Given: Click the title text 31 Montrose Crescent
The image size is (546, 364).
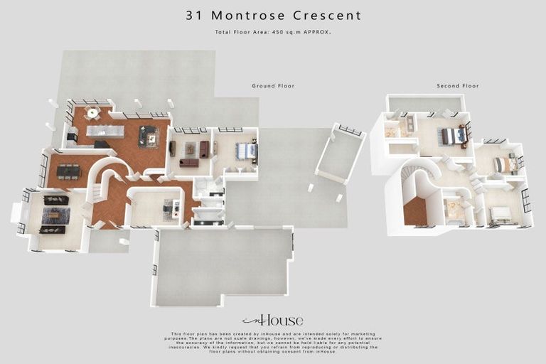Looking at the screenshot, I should pos(273,15).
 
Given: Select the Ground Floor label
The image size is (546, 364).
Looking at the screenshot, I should pos(273,85).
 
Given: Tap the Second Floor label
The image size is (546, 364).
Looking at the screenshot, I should pos(457,85).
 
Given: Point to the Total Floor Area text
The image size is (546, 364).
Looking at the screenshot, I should pos(273,32).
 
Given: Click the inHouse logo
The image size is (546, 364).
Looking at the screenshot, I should pos(272,320).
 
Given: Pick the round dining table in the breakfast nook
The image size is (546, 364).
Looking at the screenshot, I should pos(92,112).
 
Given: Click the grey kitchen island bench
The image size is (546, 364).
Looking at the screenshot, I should pos(105,131).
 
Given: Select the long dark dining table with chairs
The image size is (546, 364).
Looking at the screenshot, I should pos(68,171).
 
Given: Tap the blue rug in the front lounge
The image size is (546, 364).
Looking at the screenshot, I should pos(55,215).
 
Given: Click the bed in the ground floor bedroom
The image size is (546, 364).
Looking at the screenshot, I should pos(245,151).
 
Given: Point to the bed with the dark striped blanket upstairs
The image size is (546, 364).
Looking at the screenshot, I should pos(453,136).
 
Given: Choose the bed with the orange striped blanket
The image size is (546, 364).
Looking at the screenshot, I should pos(504,164).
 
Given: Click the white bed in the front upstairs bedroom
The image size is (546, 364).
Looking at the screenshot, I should pos(500,214).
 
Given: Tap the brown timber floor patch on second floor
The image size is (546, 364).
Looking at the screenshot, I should pos(414,212).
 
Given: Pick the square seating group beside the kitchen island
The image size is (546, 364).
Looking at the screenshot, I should pos(149,136).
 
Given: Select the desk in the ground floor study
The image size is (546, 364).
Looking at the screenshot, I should pos(171,208).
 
